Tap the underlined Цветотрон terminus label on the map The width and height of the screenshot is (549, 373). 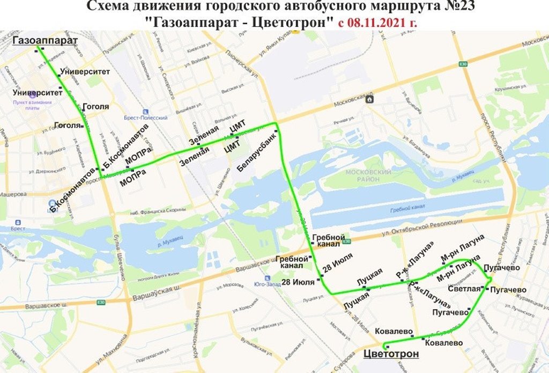coord(391,354)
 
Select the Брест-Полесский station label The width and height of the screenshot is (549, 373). coord(149,118)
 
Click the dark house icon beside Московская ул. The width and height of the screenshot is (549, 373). coord(369,99)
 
